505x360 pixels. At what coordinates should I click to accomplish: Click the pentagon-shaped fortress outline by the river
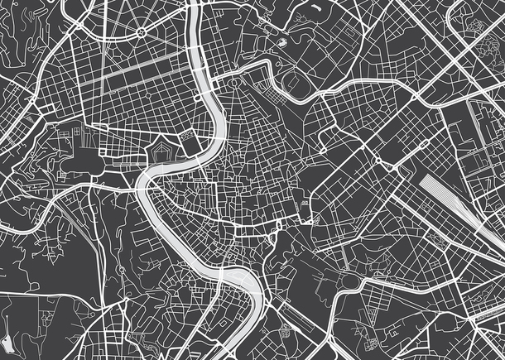(x=161, y=154)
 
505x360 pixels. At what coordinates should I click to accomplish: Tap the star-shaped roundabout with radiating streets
(x=141, y=31)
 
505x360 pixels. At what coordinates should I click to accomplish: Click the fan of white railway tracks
(x=451, y=199)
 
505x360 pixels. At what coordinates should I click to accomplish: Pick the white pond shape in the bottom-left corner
(x=8, y=341)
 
